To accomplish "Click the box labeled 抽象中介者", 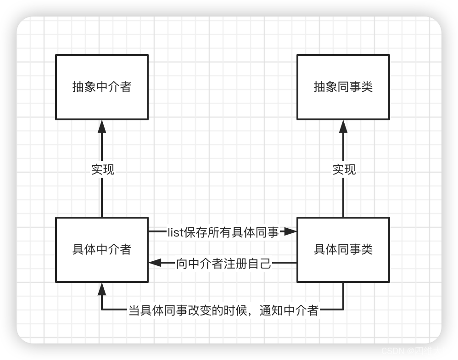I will coord(102,87).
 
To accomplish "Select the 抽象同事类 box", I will coord(343,87).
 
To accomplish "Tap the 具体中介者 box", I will coord(102,249).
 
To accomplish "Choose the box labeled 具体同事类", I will coord(343,249).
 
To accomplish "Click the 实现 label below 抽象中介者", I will coord(102,169).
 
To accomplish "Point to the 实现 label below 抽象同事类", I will coord(344,169).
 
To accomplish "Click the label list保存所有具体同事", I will coord(223,232).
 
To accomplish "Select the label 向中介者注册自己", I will coord(224,264).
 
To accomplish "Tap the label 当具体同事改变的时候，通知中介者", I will coord(223,311).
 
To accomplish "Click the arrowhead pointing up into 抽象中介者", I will coord(102,126).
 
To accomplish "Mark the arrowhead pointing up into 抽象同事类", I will coord(343,126).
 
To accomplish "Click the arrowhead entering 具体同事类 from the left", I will coord(290,232).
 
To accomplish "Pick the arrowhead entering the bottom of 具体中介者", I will coord(102,289).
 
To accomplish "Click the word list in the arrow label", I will coord(175,232).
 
